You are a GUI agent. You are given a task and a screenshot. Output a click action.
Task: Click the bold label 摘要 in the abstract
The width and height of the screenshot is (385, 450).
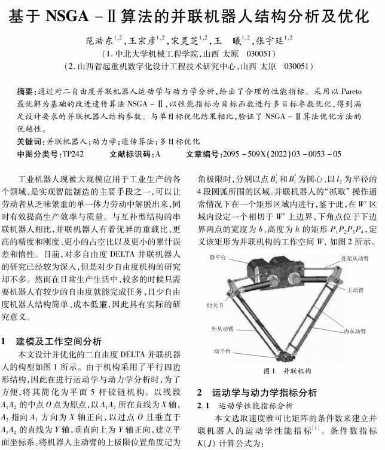pos(26,91)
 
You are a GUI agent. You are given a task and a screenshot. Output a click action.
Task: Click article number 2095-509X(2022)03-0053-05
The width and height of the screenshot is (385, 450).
pos(281,154)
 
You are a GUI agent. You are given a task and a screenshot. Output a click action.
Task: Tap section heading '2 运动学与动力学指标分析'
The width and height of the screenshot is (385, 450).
pos(257,393)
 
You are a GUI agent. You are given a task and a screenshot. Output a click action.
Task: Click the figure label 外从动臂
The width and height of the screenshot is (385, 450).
pos(221,329)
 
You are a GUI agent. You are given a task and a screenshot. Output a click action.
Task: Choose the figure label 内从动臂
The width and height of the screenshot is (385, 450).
pos(355,330)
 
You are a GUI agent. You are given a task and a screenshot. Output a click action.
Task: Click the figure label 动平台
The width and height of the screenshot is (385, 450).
pos(222,350)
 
